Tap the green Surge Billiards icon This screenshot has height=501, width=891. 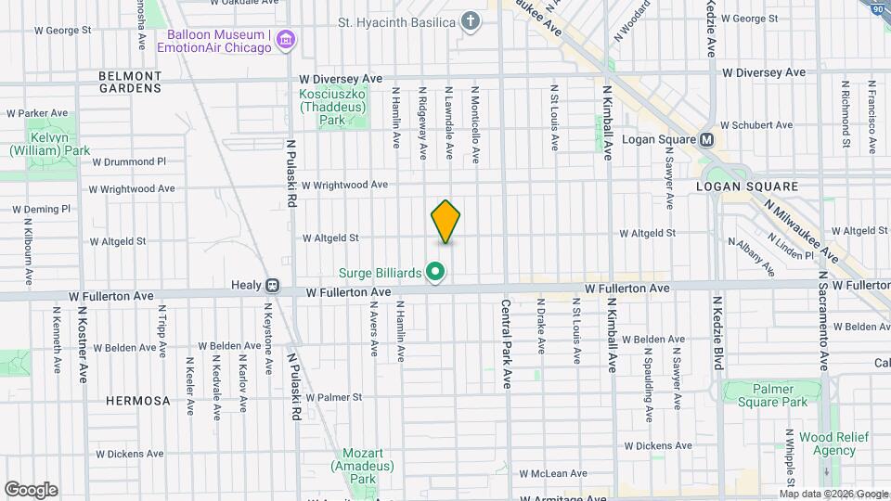coord(435,273)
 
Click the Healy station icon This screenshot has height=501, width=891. coord(273,286)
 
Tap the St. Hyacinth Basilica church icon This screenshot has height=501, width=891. coord(471,21)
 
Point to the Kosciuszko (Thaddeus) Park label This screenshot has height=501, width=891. coord(328,107)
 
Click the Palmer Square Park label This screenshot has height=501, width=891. coord(766,395)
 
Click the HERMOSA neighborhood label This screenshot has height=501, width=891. coord(138,401)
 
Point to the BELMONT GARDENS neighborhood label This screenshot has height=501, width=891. coord(131,82)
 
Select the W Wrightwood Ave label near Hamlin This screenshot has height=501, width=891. coord(344,185)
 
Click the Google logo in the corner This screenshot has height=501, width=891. coord(31,490)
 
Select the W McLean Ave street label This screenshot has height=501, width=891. coord(553,473)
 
